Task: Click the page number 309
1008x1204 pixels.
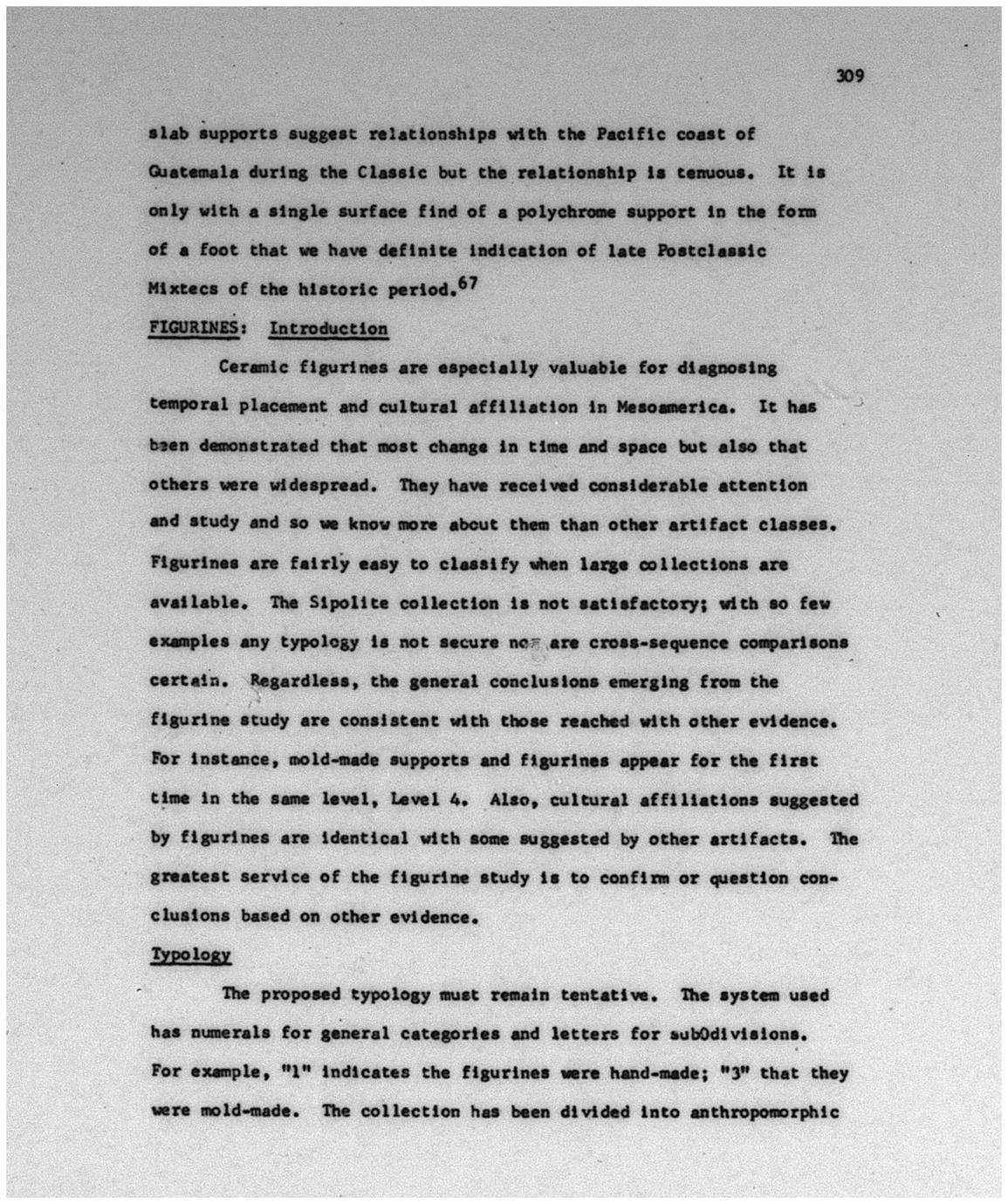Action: pos(849,76)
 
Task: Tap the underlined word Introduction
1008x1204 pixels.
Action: pos(328,328)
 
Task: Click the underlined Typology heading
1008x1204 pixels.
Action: pos(190,954)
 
